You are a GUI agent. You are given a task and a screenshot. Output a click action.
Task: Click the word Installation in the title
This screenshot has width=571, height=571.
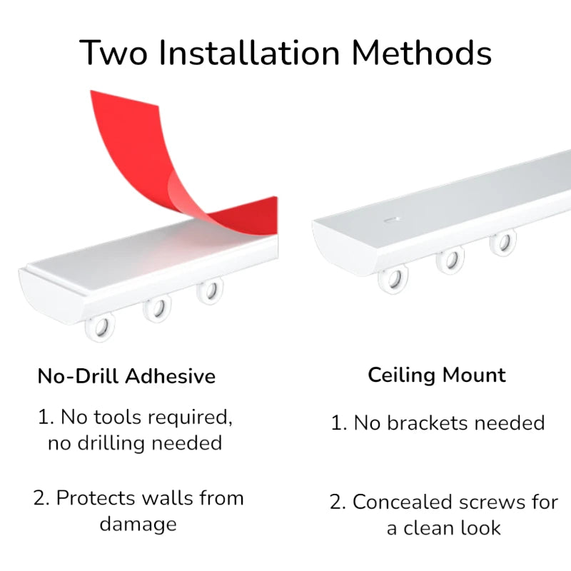coord(249,53)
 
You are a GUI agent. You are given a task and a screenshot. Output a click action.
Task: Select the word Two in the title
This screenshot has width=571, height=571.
coord(113,53)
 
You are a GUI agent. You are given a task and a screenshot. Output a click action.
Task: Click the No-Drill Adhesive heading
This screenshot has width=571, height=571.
coord(126,376)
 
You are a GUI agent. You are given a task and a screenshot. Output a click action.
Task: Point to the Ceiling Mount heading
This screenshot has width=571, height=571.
coord(437,375)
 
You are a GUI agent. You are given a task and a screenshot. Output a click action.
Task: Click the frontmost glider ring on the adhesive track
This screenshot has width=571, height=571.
coord(100,328)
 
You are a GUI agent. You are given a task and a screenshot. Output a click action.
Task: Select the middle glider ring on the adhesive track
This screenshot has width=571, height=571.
coord(157,309)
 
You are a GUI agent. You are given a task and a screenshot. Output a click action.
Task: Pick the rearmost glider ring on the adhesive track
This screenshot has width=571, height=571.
coord(210,291)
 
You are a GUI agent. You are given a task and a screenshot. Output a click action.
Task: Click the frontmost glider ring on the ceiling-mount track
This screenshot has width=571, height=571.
coord(393,280)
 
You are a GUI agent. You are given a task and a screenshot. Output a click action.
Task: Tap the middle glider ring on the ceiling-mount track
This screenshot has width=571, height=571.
coord(450,260)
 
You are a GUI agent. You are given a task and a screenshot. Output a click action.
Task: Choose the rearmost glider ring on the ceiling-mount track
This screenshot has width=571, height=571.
coord(503,242)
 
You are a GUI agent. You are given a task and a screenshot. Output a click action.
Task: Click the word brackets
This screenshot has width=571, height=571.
coord(427,423)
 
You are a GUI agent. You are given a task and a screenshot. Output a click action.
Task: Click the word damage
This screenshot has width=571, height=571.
coord(138,525)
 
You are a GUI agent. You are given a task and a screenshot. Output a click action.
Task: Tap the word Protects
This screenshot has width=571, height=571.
coord(96,497)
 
